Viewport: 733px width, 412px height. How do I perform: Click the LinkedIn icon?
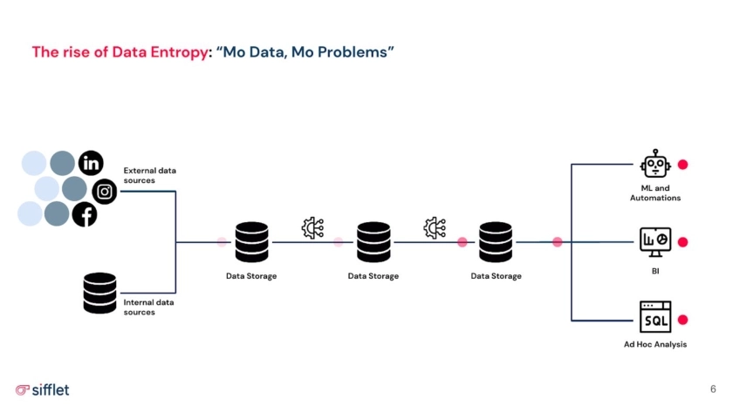91,163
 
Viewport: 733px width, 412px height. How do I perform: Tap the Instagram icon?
105,191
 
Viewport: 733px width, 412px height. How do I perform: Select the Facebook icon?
85,213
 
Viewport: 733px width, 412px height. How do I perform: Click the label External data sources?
149,175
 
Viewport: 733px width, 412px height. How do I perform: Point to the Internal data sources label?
148,307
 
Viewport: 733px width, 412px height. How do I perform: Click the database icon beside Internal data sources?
99,293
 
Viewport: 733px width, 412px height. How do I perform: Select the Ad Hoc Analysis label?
654,344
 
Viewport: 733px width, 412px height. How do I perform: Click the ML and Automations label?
654,192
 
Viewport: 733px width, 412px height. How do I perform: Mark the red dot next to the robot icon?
683,165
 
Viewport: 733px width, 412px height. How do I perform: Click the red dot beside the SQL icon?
683,320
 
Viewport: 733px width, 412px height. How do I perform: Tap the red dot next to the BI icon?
683,242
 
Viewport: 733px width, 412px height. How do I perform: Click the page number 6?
713,388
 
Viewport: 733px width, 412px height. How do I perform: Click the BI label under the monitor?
654,271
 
